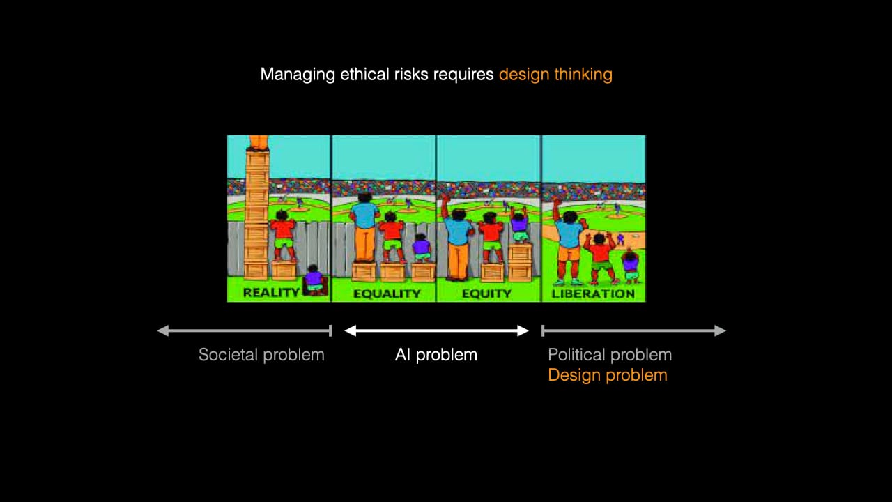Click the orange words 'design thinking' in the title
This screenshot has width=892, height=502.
coord(555,75)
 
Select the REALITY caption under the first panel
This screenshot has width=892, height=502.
coord(271,293)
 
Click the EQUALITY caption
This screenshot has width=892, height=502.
coord(387,294)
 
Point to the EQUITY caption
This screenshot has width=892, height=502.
coord(486,294)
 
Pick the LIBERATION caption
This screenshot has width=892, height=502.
coord(593,294)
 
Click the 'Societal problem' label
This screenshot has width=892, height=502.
coord(261,355)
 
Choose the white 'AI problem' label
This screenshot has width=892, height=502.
coord(436,355)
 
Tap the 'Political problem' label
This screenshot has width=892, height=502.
coord(610,355)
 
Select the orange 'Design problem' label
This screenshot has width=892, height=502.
coord(607,375)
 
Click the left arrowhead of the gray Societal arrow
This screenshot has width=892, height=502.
coord(163,330)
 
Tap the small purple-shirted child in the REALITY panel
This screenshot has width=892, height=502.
coord(314,278)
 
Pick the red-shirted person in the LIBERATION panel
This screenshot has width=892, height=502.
coord(600,257)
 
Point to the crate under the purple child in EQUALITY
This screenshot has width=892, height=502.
coord(422,271)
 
